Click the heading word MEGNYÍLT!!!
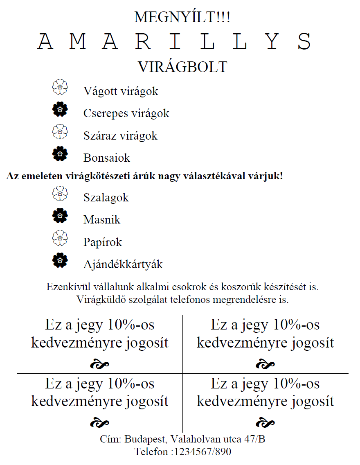click(x=182, y=17)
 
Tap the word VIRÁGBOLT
click(x=182, y=67)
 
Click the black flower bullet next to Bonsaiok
click(x=60, y=153)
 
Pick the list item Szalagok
click(x=106, y=198)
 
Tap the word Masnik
click(x=102, y=220)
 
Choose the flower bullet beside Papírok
click(x=60, y=238)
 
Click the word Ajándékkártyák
click(x=123, y=264)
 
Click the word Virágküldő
click(x=101, y=299)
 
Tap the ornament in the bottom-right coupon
click(x=265, y=422)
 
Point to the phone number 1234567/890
click(x=202, y=452)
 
